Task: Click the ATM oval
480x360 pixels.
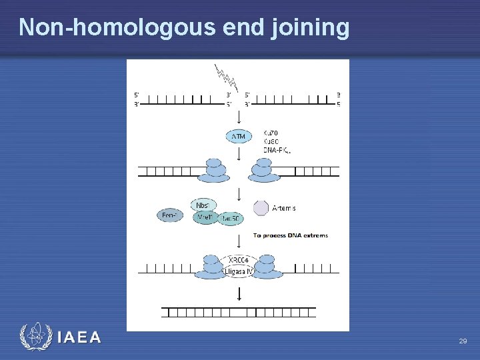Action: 239,137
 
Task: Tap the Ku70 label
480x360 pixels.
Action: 271,133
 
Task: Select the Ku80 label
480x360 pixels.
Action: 271,141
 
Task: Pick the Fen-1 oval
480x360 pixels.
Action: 170,215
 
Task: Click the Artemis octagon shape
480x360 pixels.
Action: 261,208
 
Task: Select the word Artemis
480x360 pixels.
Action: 284,208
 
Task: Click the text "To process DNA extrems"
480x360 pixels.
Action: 290,235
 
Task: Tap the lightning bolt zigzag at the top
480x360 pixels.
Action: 227,78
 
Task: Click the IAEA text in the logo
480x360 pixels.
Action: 79,337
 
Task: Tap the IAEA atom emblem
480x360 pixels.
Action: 35,337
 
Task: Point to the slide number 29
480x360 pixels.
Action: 463,341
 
